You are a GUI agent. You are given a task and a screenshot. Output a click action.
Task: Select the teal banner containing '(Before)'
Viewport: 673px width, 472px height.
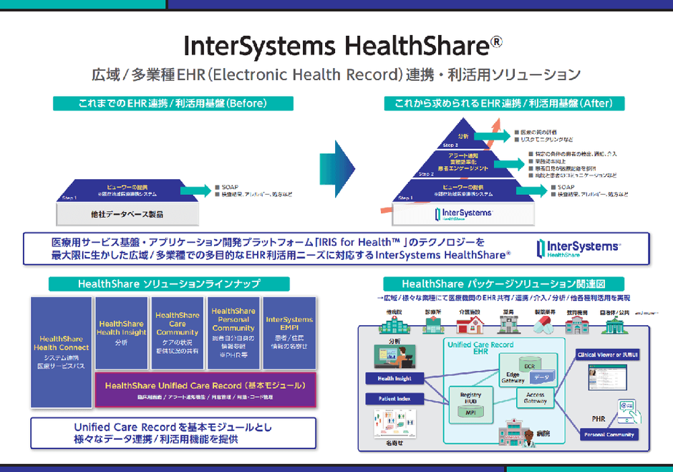172,104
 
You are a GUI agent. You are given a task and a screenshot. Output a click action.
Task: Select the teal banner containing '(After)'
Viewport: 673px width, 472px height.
503,104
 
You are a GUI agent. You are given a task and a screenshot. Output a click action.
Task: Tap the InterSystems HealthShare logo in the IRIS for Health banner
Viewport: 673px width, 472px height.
578,249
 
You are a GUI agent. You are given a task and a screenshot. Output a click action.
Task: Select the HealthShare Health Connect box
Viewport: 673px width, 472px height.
62,351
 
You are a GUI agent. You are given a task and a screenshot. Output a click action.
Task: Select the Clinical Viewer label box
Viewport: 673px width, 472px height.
608,355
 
